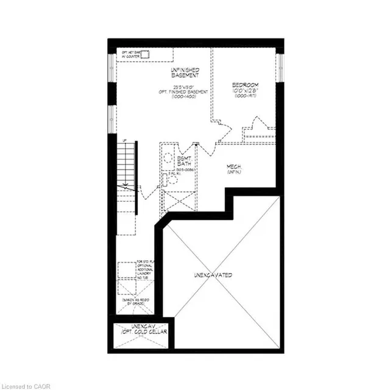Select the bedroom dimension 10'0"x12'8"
(246, 91)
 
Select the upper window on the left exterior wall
(112, 67)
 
